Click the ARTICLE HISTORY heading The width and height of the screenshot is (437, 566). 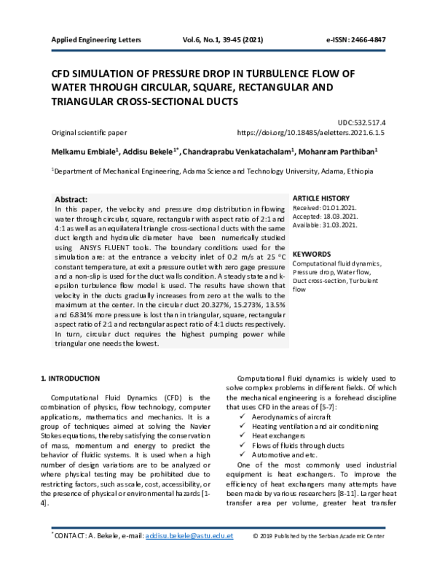pos(321,198)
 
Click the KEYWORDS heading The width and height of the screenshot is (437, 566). pos(312,255)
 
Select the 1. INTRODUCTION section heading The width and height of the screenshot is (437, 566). pos(70,379)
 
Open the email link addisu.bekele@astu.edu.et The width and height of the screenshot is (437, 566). pos(189,557)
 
